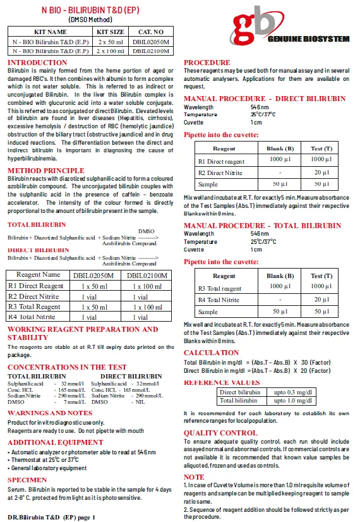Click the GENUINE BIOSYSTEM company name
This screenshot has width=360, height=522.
tap(309, 39)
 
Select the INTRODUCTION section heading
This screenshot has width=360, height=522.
tap(37, 63)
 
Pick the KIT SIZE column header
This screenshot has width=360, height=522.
tap(109, 32)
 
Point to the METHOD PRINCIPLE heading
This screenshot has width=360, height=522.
tap(45, 171)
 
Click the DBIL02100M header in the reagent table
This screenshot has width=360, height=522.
tap(147, 276)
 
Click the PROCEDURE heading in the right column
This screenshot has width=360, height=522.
tap(207, 63)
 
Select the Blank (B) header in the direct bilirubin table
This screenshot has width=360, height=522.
tap(280, 149)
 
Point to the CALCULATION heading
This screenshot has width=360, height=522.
tap(211, 353)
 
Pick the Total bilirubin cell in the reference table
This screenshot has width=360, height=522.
tap(239, 400)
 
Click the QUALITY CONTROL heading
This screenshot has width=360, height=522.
tap(220, 433)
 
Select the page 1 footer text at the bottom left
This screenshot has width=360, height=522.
tap(51, 517)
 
